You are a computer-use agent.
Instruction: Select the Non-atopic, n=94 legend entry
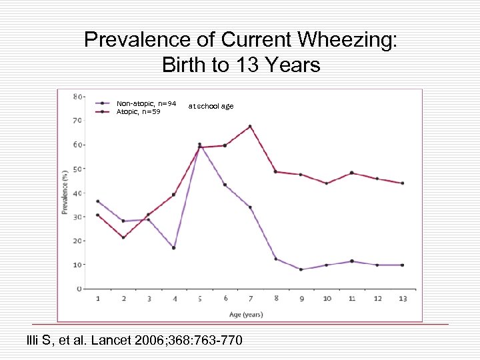coord(146,103)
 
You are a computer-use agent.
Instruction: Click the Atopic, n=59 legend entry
coord(138,111)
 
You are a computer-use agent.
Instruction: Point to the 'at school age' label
coord(211,106)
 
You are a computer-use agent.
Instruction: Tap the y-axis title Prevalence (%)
coord(65,192)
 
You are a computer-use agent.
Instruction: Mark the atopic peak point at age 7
coord(250,126)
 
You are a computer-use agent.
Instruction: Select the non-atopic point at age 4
coord(174,248)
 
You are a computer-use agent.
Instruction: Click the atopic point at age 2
coord(123,237)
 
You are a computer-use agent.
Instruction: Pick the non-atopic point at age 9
coord(301,269)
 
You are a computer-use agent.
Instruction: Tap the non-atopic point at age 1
coord(98,201)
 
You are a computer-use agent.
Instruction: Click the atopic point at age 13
coord(403,183)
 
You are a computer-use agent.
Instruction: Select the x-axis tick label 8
coord(276,298)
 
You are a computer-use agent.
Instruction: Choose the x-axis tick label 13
coord(403,298)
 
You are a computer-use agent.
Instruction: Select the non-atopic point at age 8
coord(276,259)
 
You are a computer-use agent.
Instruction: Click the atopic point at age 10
coord(327,183)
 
